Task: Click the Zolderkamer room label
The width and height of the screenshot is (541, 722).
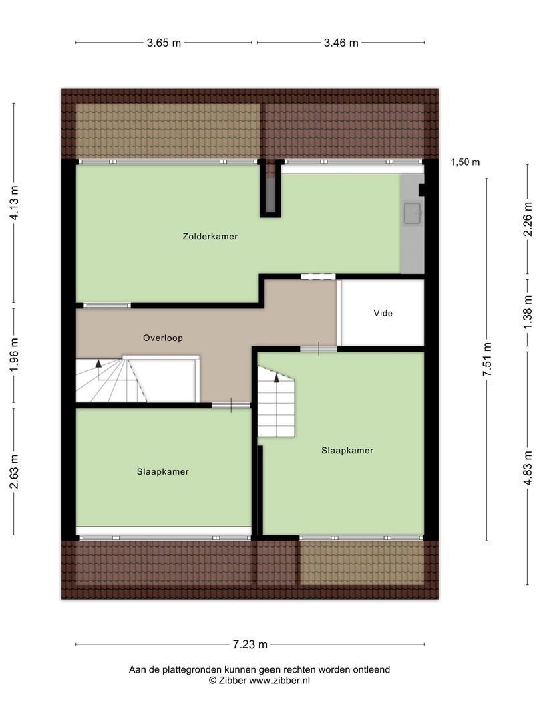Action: [210, 236]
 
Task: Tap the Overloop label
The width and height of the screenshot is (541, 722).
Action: [163, 338]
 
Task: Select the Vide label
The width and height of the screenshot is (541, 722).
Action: [383, 313]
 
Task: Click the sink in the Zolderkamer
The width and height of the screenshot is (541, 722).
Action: [413, 213]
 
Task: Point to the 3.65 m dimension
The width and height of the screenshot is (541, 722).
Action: [164, 43]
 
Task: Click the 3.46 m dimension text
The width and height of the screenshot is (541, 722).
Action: [341, 43]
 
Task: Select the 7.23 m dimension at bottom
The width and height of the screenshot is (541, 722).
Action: [250, 644]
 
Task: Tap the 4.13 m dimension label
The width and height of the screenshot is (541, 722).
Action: [14, 203]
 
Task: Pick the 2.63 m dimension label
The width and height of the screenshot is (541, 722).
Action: [14, 471]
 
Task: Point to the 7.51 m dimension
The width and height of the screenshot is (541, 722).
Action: [487, 360]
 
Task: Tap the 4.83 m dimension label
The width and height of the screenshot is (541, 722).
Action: [528, 468]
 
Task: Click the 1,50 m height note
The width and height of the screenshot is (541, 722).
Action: [465, 162]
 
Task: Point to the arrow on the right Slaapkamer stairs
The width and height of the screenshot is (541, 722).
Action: [277, 378]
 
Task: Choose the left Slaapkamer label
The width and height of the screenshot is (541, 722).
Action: [163, 471]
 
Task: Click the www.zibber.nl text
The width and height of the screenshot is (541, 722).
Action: [279, 681]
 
